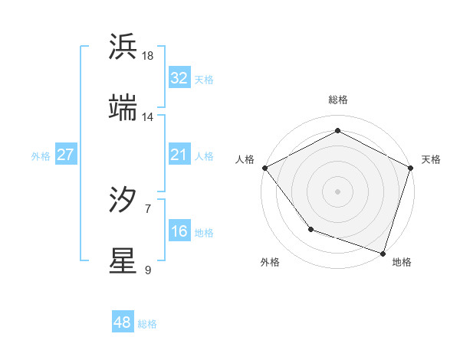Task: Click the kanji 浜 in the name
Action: (123, 47)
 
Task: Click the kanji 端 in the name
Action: (123, 109)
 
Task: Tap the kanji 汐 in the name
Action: (123, 201)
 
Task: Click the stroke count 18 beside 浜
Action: (148, 56)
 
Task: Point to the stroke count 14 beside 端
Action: (148, 117)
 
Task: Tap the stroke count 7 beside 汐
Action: (148, 208)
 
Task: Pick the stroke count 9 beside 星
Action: (148, 270)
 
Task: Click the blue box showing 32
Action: (179, 78)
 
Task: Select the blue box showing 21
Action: (179, 155)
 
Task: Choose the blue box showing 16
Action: (179, 231)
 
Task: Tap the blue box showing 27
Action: (65, 155)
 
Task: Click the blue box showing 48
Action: (122, 322)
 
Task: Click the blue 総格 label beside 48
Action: (147, 324)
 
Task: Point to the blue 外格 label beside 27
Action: (41, 156)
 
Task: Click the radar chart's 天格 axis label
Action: (431, 159)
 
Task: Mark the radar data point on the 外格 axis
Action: (310, 228)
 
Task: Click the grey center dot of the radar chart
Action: (337, 190)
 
